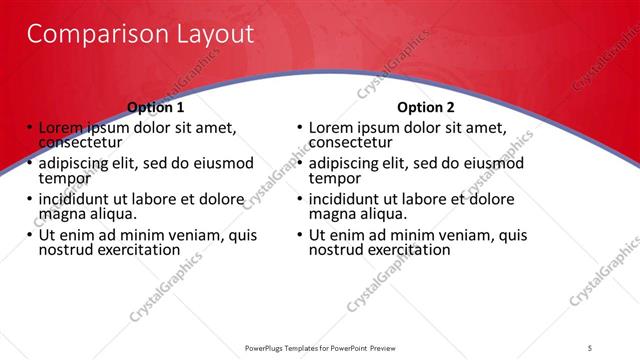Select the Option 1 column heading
click(x=156, y=107)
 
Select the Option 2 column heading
click(x=425, y=107)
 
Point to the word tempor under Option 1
click(x=62, y=178)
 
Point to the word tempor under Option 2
click(x=332, y=178)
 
